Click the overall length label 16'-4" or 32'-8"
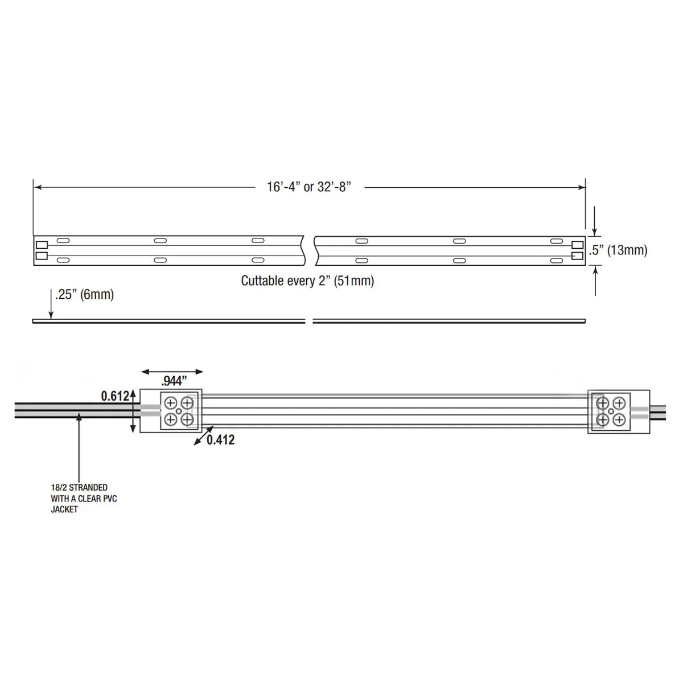[308, 187]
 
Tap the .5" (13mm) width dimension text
[618, 250]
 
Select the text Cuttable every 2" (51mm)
[307, 281]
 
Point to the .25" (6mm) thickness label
[84, 294]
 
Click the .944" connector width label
[174, 381]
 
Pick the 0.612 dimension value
[115, 396]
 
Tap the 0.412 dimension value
[220, 440]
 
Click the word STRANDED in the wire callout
[88, 488]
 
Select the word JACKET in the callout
[64, 509]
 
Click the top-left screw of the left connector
[171, 402]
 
